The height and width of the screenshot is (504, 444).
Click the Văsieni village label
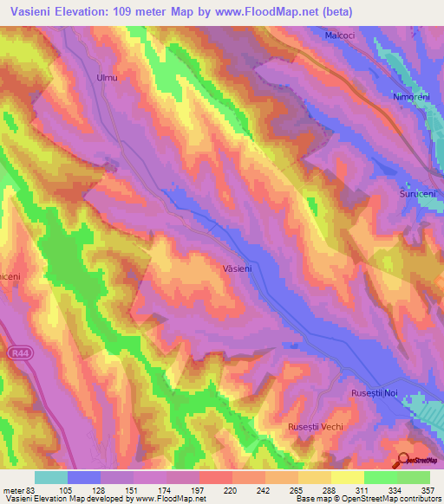click(237, 269)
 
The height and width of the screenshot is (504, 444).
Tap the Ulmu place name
click(106, 78)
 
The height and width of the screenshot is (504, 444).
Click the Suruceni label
click(416, 194)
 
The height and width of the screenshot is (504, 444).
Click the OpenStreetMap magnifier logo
click(404, 460)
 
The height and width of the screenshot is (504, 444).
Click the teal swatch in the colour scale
click(50, 477)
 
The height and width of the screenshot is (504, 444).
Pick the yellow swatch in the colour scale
click(347, 477)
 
